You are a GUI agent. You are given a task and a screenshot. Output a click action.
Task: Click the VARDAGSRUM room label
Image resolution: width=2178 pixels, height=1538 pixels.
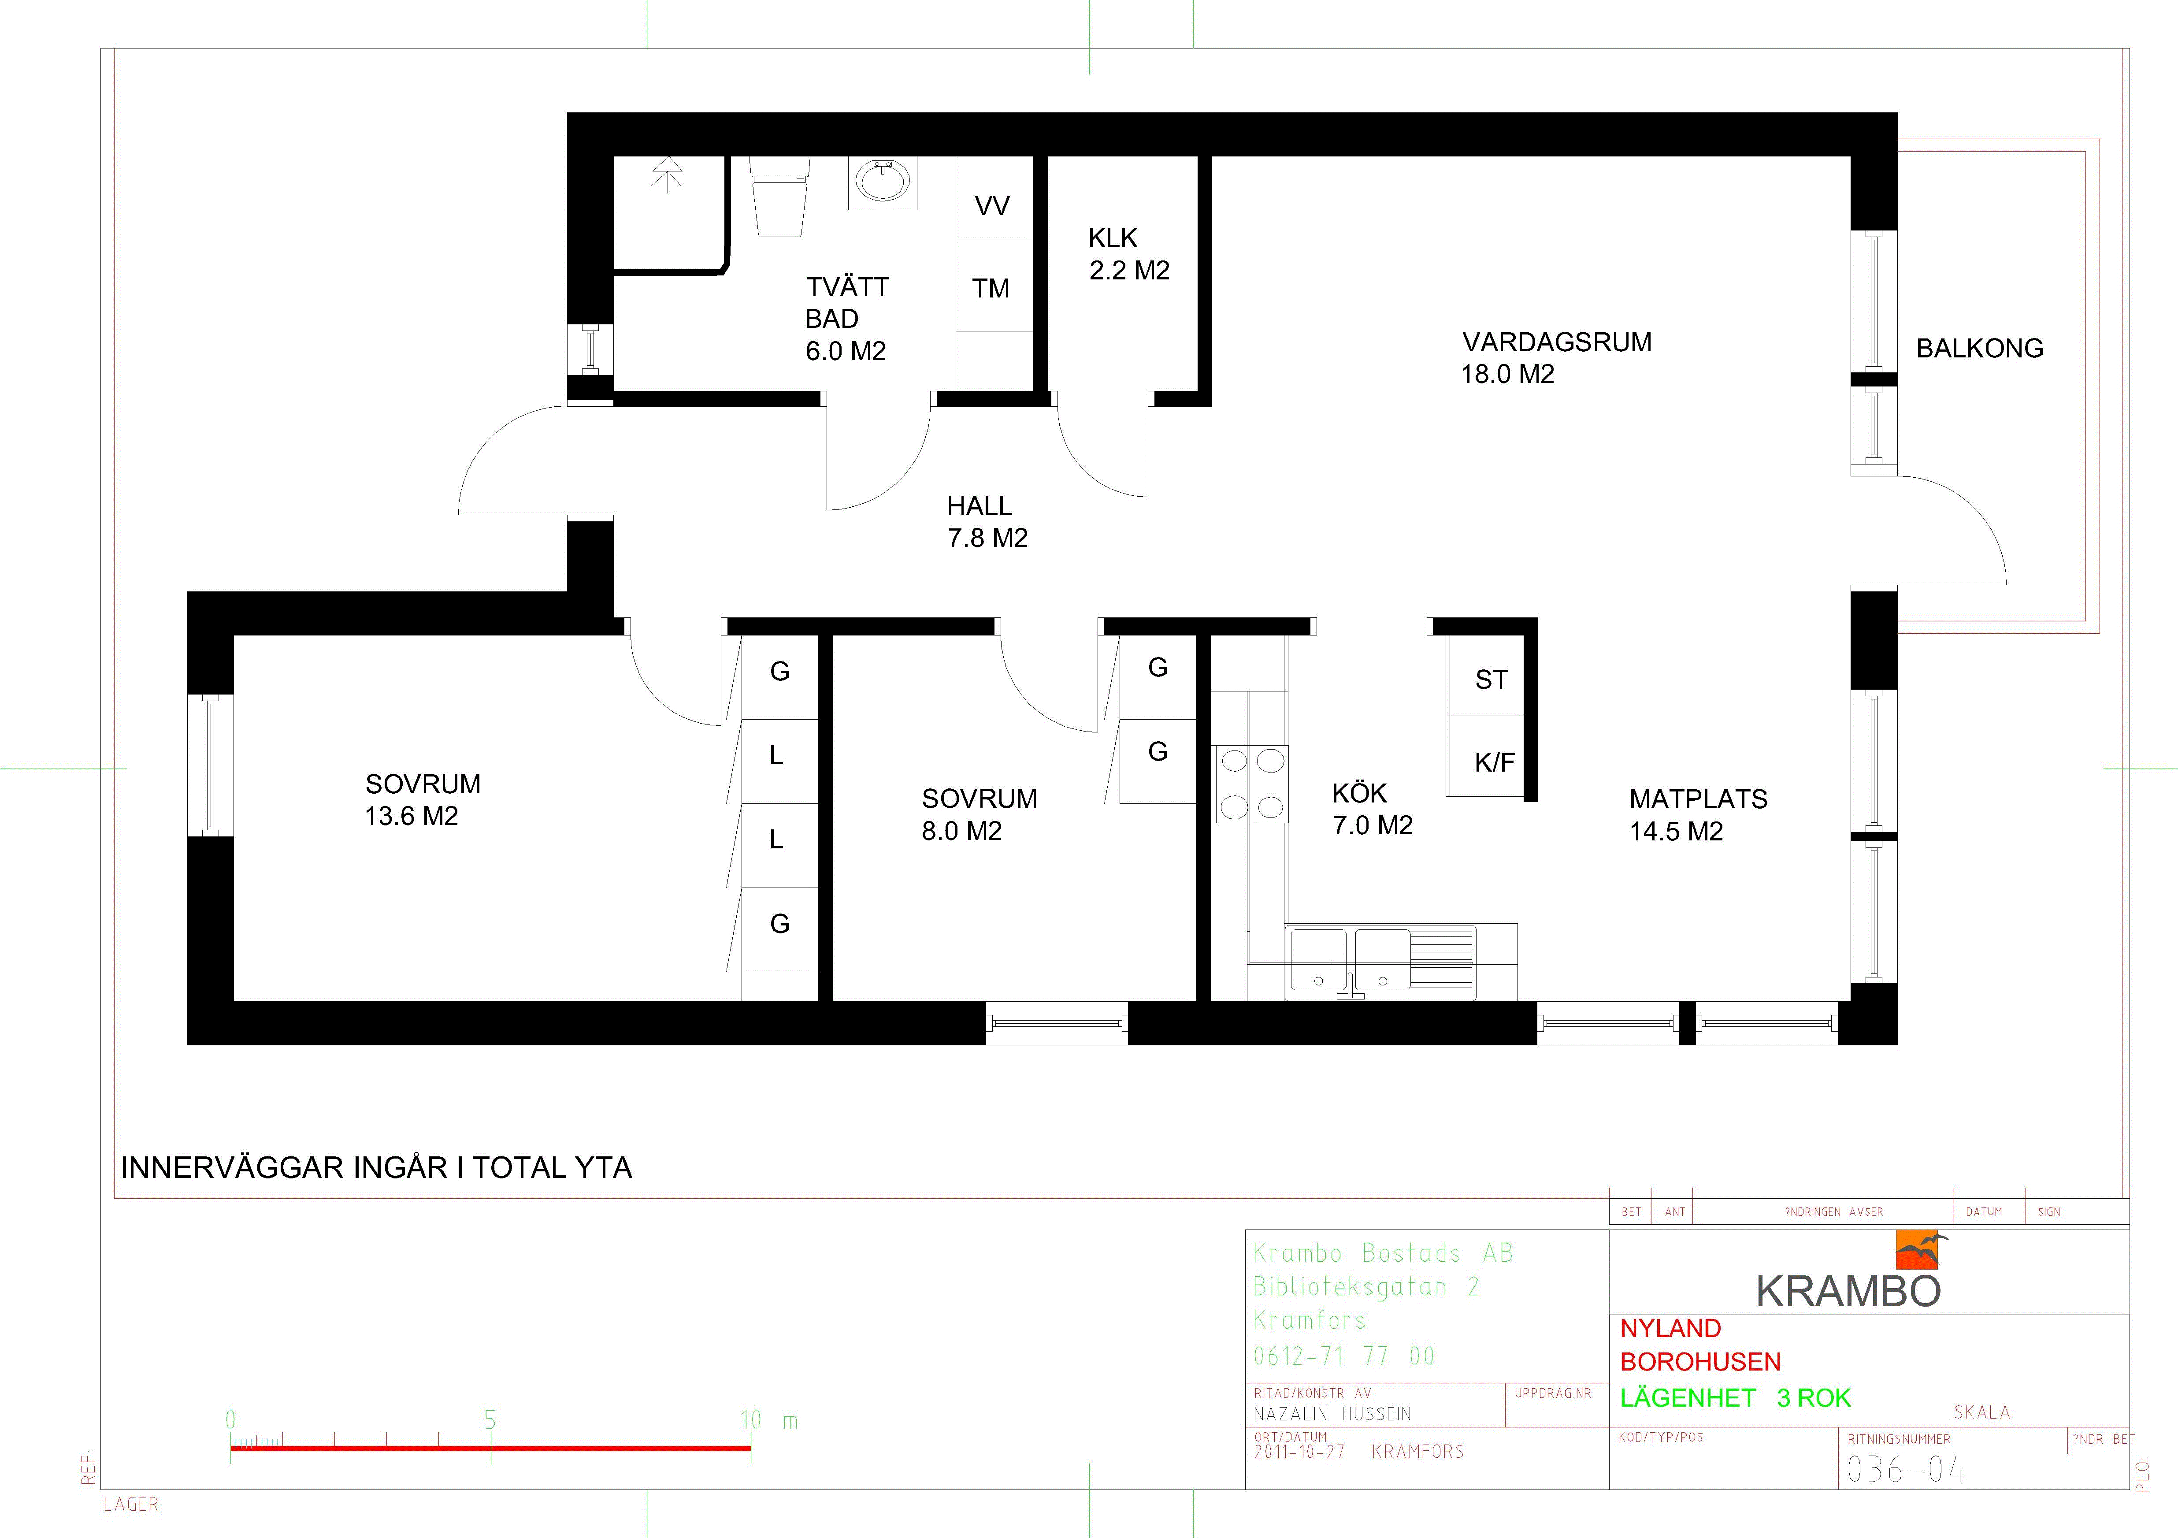click(1557, 342)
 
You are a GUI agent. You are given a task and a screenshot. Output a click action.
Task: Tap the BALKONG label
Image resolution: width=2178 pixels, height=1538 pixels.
click(1980, 348)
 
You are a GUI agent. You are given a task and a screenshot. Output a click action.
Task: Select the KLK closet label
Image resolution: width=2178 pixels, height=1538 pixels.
click(1113, 238)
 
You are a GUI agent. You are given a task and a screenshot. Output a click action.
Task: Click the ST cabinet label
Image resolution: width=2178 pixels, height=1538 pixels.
click(1491, 680)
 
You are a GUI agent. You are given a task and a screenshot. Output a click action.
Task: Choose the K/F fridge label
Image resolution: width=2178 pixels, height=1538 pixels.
click(1494, 762)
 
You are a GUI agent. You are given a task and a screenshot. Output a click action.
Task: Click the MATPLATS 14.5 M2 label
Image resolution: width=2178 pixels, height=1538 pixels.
click(1698, 815)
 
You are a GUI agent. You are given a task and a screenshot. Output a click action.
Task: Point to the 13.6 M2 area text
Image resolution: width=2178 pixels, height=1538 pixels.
click(412, 816)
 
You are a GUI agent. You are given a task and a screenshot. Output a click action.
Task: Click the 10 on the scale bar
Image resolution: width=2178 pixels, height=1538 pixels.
click(750, 1420)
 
